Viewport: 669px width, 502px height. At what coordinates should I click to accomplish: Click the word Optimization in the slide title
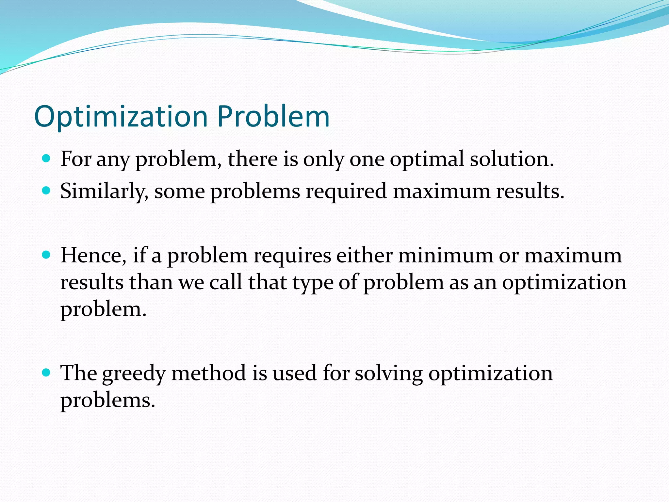pos(121,117)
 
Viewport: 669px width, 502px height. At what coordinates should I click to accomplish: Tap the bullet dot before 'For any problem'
pos(46,159)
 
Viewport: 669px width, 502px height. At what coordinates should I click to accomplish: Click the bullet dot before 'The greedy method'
pos(46,373)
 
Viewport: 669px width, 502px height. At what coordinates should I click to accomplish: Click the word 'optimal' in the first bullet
pos(427,159)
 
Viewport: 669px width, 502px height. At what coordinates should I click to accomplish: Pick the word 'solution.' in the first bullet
pos(512,159)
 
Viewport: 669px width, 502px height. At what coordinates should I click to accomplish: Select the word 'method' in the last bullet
pos(208,373)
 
